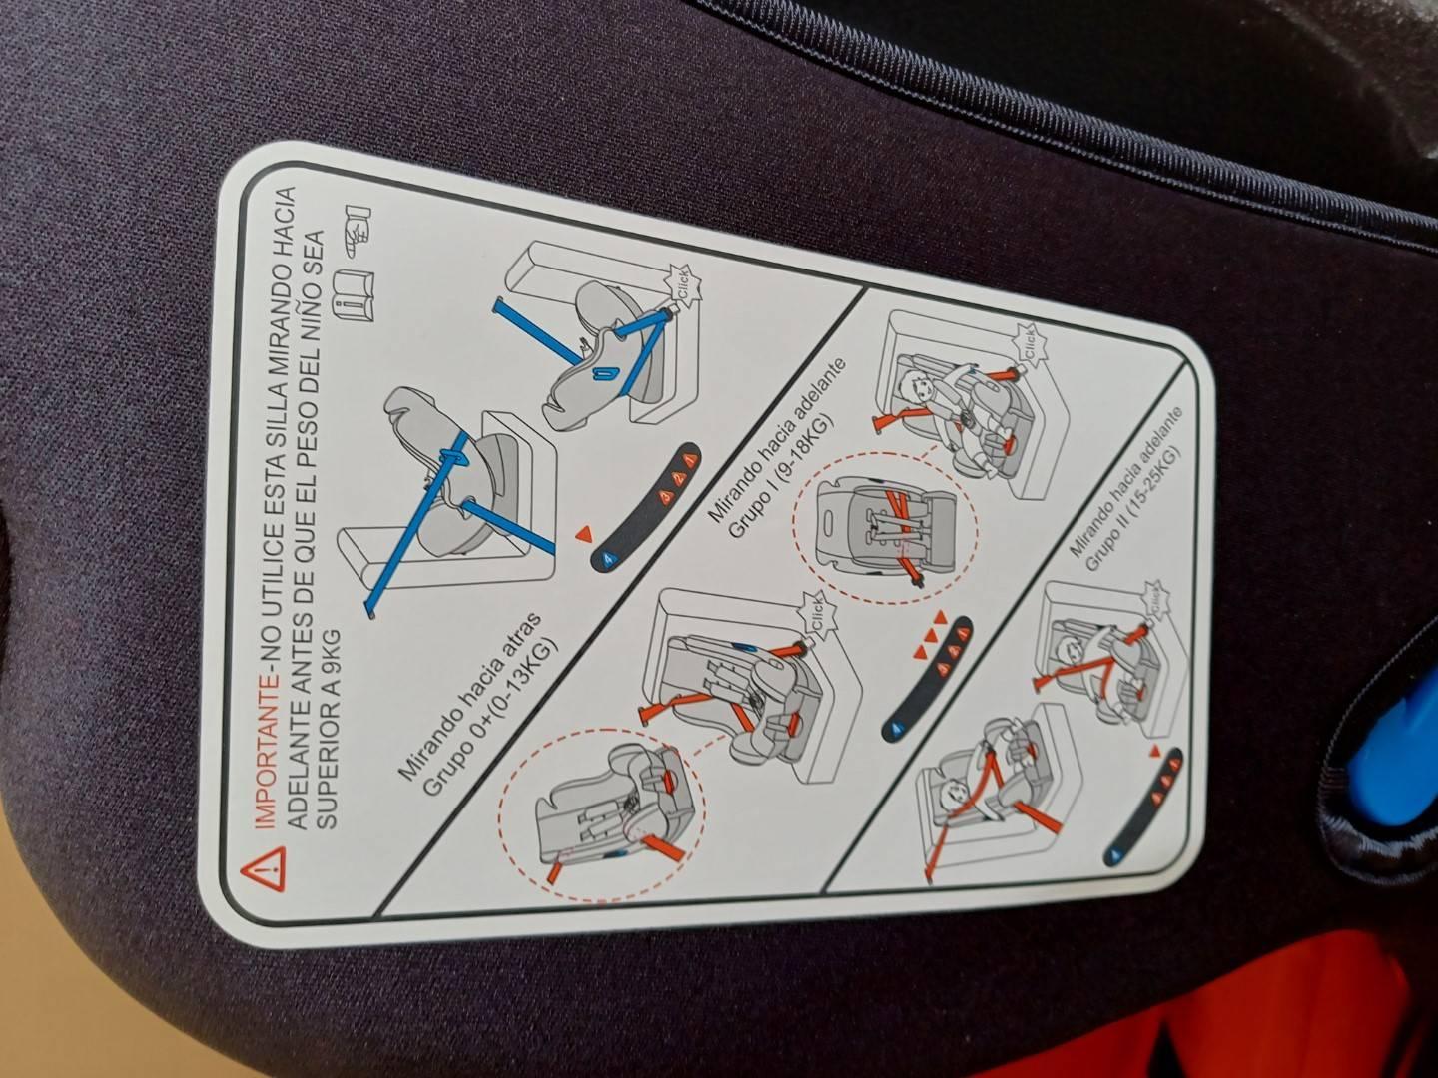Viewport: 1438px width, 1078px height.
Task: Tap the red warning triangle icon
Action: (x=264, y=869)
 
